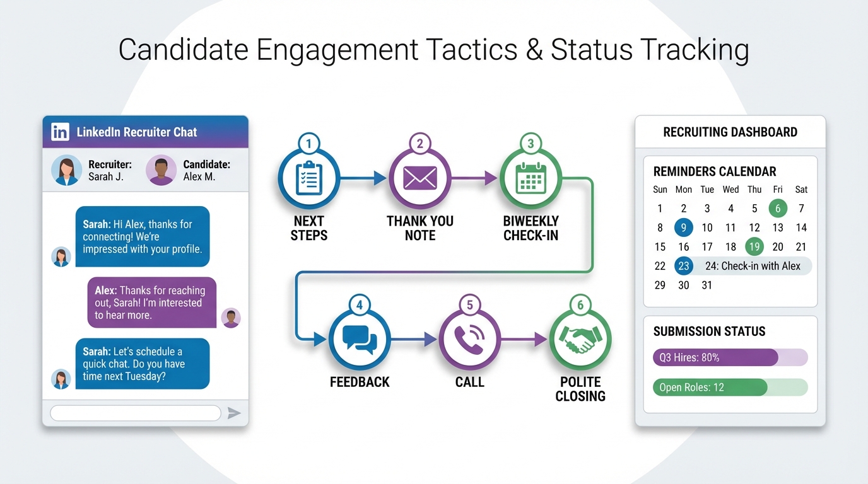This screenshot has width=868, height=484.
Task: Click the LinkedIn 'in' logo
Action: pos(61,132)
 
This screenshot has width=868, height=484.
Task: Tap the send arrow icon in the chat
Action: pos(234,413)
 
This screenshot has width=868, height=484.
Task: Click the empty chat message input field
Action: pos(135,413)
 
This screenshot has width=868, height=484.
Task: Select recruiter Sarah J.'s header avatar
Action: pos(66,170)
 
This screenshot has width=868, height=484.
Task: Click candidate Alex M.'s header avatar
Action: pos(161,170)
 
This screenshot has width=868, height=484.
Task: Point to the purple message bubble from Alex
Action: pos(151,302)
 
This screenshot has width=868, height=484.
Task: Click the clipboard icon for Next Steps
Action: pos(309,178)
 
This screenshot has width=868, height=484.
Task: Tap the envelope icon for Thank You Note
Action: pos(420,178)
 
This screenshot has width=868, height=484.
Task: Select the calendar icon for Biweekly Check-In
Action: pos(531,178)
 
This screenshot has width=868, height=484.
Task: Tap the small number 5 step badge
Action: pos(470,306)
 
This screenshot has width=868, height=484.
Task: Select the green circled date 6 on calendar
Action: pos(778,209)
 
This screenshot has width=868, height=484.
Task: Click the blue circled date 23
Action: pos(684,266)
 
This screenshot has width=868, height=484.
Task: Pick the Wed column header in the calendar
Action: pos(730,190)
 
